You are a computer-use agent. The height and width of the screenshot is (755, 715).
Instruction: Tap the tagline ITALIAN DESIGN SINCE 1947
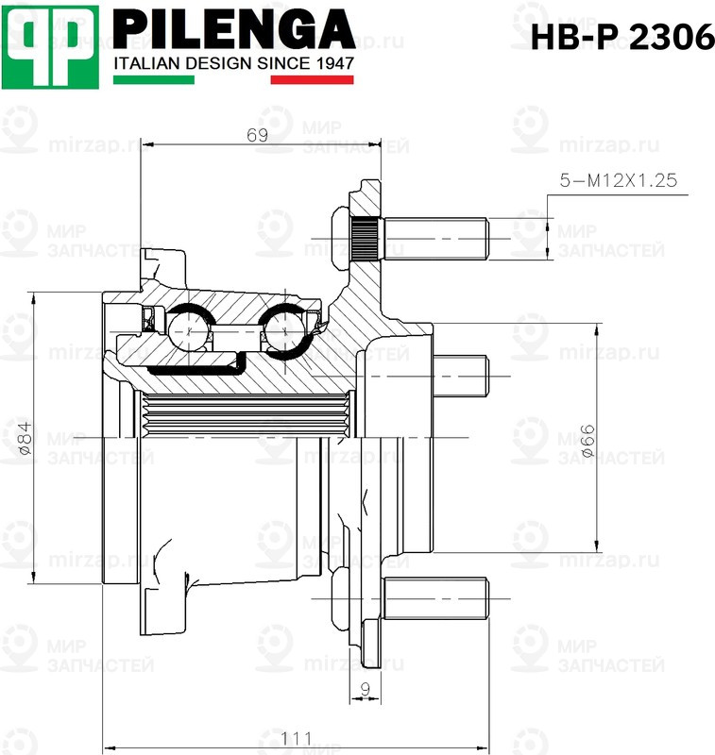233,63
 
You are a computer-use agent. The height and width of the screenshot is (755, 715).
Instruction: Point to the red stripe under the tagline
312,80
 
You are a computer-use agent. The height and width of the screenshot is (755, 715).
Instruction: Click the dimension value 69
257,135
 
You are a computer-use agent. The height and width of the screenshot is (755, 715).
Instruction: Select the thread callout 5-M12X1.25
619,180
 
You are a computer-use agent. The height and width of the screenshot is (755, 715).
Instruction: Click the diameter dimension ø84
25,439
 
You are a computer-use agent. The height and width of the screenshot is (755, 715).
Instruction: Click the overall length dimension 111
297,737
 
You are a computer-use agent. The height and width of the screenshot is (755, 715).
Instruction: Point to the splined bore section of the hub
246,412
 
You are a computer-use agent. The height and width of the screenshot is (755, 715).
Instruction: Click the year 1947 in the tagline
335,63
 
